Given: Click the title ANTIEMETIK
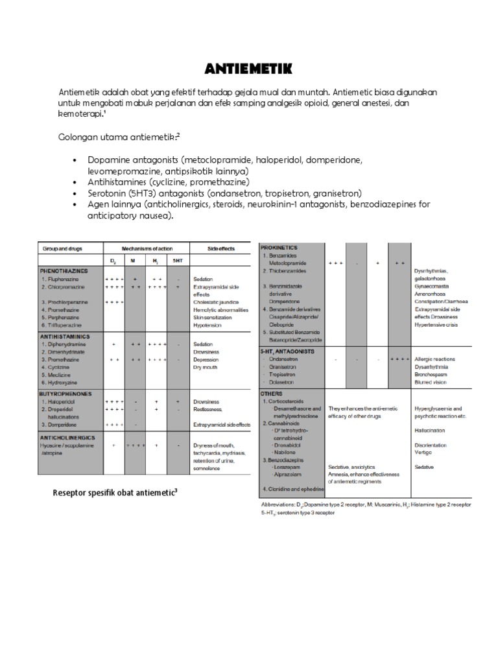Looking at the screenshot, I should click(249, 69).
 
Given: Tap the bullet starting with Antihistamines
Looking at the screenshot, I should click(169, 182).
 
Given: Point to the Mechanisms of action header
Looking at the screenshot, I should click(144, 248).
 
